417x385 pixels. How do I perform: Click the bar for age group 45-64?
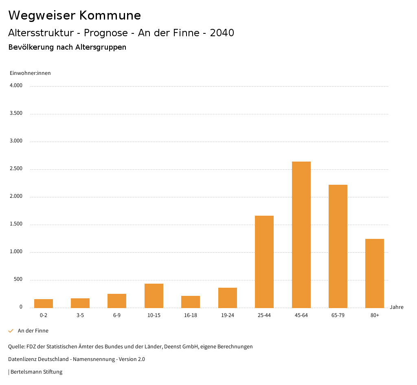click(301, 234)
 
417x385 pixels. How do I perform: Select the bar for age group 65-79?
click(338, 246)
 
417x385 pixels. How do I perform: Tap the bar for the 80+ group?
click(374, 273)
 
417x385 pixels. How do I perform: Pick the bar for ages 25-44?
click(264, 262)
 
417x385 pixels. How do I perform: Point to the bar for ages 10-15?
click(154, 295)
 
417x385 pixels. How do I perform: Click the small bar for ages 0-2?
click(44, 303)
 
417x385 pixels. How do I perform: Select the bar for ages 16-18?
click(191, 302)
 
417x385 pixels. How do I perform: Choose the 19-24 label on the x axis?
click(227, 315)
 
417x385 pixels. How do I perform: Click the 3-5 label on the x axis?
click(80, 315)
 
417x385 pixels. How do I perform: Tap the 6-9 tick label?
click(117, 315)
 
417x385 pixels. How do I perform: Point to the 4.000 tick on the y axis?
click(16, 85)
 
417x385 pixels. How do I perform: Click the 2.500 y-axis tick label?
click(16, 168)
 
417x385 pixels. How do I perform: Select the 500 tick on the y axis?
click(18, 280)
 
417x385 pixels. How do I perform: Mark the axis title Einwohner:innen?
click(30, 73)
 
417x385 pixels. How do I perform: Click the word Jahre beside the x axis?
click(396, 307)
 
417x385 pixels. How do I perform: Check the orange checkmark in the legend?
click(11, 331)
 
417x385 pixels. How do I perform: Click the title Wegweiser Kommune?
click(75, 15)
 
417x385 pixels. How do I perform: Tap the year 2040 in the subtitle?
click(222, 33)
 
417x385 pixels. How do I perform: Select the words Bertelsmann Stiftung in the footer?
click(36, 372)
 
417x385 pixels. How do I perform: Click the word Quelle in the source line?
click(16, 347)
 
